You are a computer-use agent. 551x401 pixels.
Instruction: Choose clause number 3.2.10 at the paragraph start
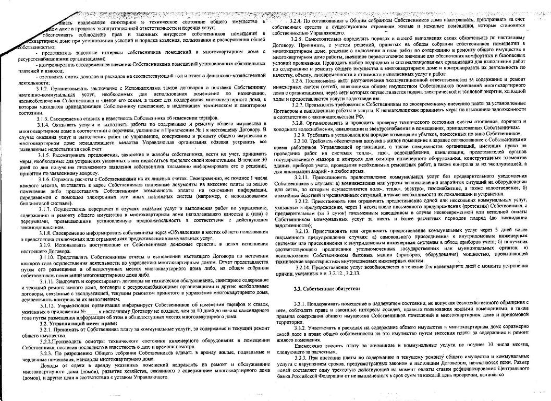pos(305,141)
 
